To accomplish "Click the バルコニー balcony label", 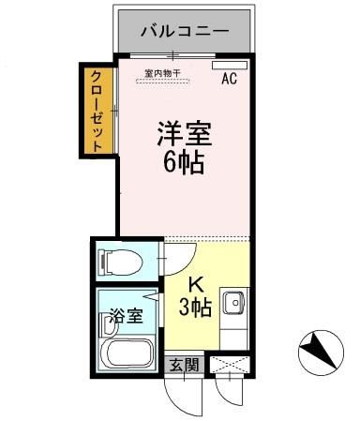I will [184, 31].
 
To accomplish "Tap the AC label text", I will [230, 80].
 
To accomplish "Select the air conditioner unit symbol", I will [226, 66].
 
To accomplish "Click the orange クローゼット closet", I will [97, 110].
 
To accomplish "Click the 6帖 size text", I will [184, 162].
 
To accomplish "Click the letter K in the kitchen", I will [196, 285].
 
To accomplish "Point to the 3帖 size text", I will [195, 306].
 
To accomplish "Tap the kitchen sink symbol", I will [234, 303].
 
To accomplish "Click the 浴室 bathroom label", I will [126, 316].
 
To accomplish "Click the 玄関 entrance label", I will [183, 364].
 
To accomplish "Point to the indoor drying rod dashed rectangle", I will [162, 81].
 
